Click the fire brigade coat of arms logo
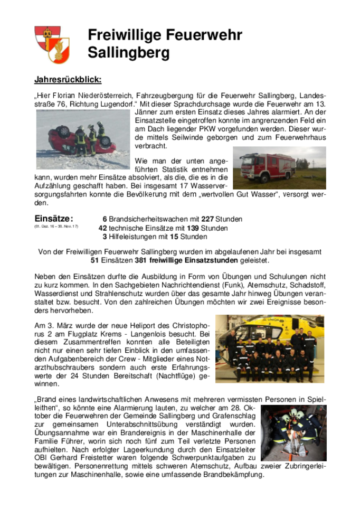coord(52,44)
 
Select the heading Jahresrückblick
coord(68,80)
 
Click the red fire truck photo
coord(279,167)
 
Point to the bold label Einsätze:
coord(53,219)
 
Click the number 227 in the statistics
coord(194,219)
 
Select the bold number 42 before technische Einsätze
coord(103,228)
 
